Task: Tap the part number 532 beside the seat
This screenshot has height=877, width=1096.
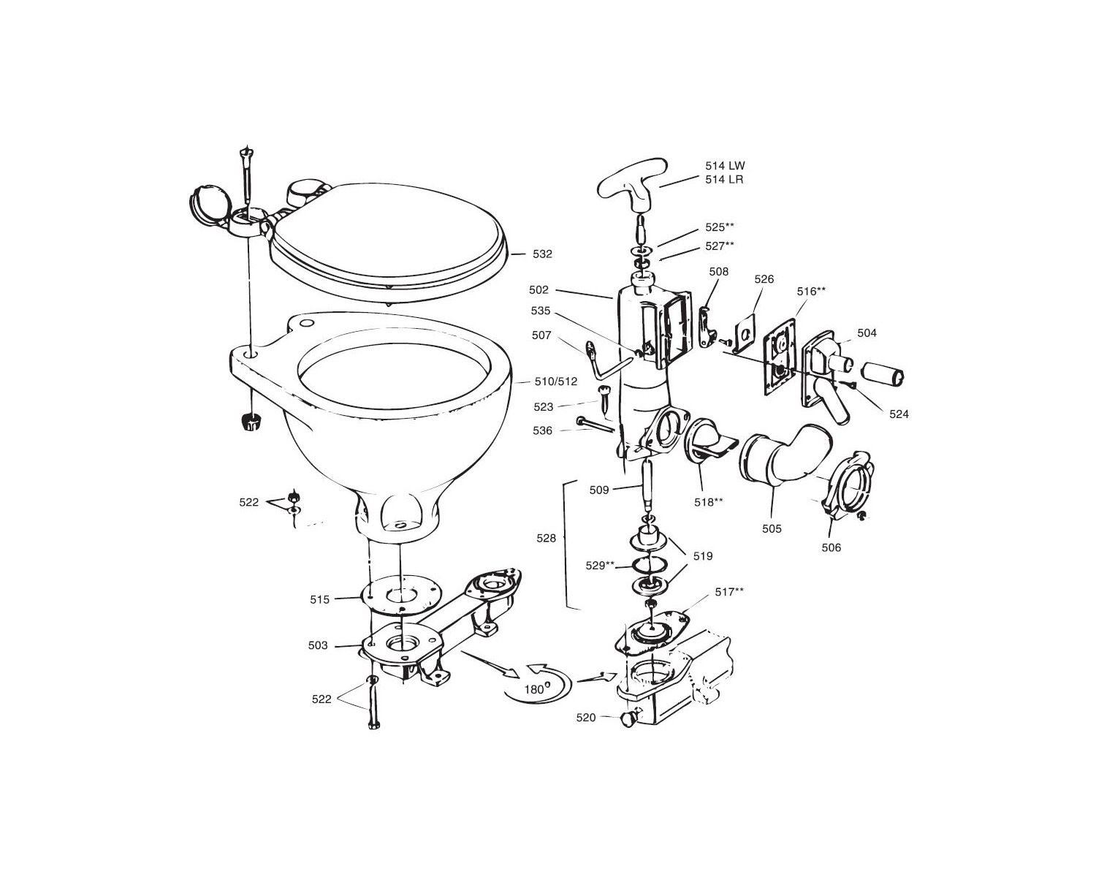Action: [x=542, y=254]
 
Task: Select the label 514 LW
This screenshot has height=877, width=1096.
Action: [x=725, y=166]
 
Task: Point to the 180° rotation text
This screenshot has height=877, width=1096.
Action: [x=536, y=689]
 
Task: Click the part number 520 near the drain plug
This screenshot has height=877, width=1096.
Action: [x=586, y=718]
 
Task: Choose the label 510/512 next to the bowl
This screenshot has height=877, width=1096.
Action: [x=556, y=381]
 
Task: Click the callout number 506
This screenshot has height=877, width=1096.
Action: [x=831, y=547]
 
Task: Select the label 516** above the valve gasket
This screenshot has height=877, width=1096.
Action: [x=811, y=291]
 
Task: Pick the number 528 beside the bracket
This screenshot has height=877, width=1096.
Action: [x=546, y=538]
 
